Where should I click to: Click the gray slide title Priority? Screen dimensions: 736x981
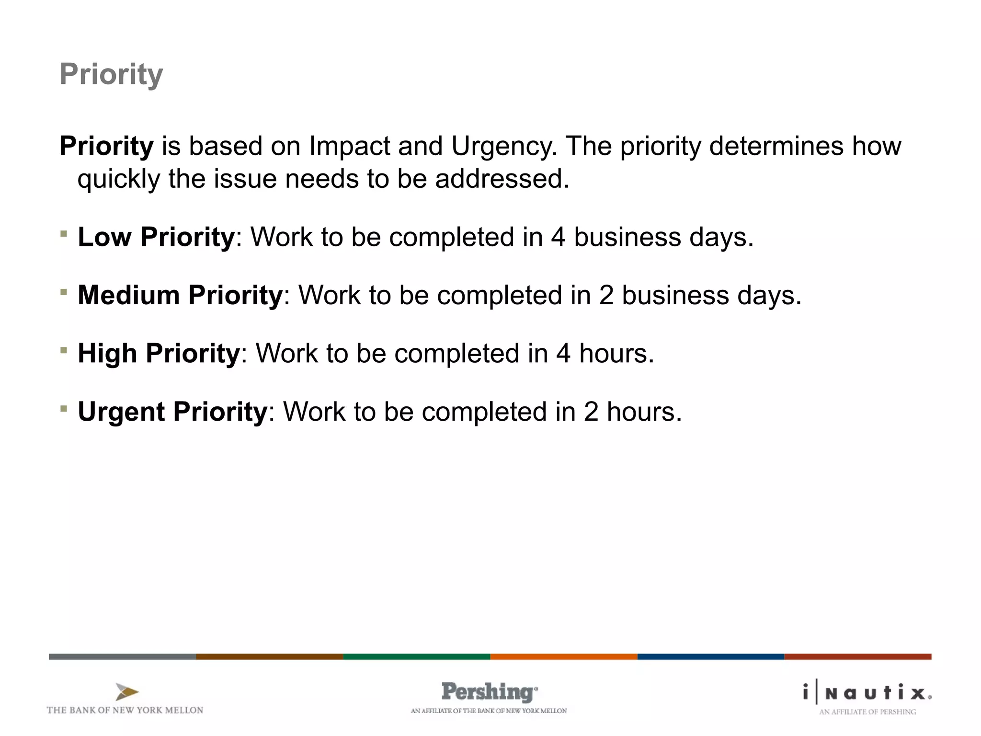click(x=111, y=74)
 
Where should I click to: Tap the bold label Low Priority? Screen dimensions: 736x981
click(x=156, y=237)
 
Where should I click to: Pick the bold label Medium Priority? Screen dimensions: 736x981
click(x=180, y=295)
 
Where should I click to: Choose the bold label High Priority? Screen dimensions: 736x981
click(x=159, y=353)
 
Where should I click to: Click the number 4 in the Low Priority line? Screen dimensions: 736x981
click(x=558, y=237)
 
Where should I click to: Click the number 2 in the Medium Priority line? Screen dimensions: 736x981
click(x=606, y=295)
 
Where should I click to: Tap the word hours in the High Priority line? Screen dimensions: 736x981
click(x=616, y=353)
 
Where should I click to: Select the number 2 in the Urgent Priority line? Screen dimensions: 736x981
click(x=591, y=412)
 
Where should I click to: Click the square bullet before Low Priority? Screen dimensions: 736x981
click(x=64, y=234)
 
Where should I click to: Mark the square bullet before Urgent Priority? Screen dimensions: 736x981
click(x=64, y=409)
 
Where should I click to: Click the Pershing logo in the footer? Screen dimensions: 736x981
click(x=489, y=692)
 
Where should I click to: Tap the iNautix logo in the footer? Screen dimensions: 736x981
click(x=867, y=693)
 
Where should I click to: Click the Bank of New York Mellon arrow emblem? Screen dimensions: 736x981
click(x=127, y=692)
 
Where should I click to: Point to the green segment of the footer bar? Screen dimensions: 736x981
click(x=416, y=656)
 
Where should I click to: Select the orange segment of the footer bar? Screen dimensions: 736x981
click(x=563, y=656)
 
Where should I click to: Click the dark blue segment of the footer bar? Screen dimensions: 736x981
click(x=710, y=656)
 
